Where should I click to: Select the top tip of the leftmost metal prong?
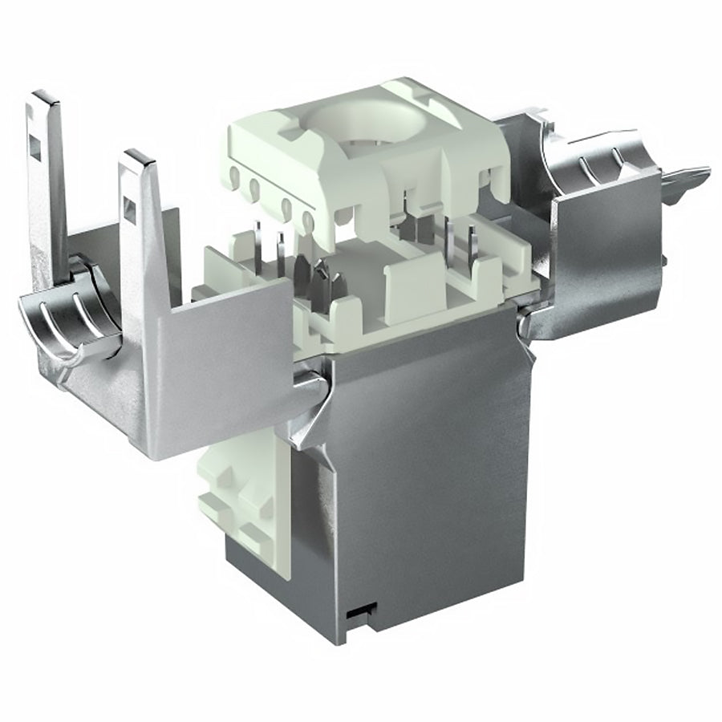(x=47, y=98)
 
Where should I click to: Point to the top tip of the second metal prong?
(x=138, y=156)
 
